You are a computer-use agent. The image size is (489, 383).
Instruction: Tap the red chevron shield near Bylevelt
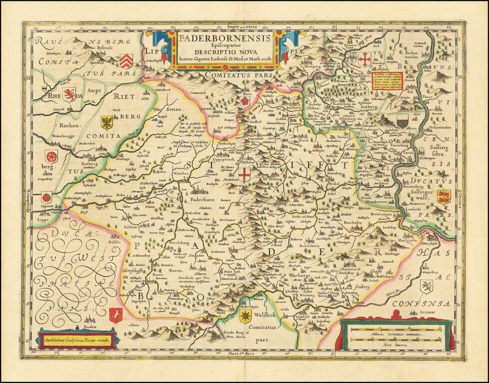point(126,60)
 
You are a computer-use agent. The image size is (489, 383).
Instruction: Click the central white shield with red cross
point(244,175)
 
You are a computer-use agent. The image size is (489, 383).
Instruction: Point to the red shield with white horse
point(115,314)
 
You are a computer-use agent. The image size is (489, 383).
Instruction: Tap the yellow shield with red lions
point(443,196)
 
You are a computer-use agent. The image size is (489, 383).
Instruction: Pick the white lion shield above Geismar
point(426,287)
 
